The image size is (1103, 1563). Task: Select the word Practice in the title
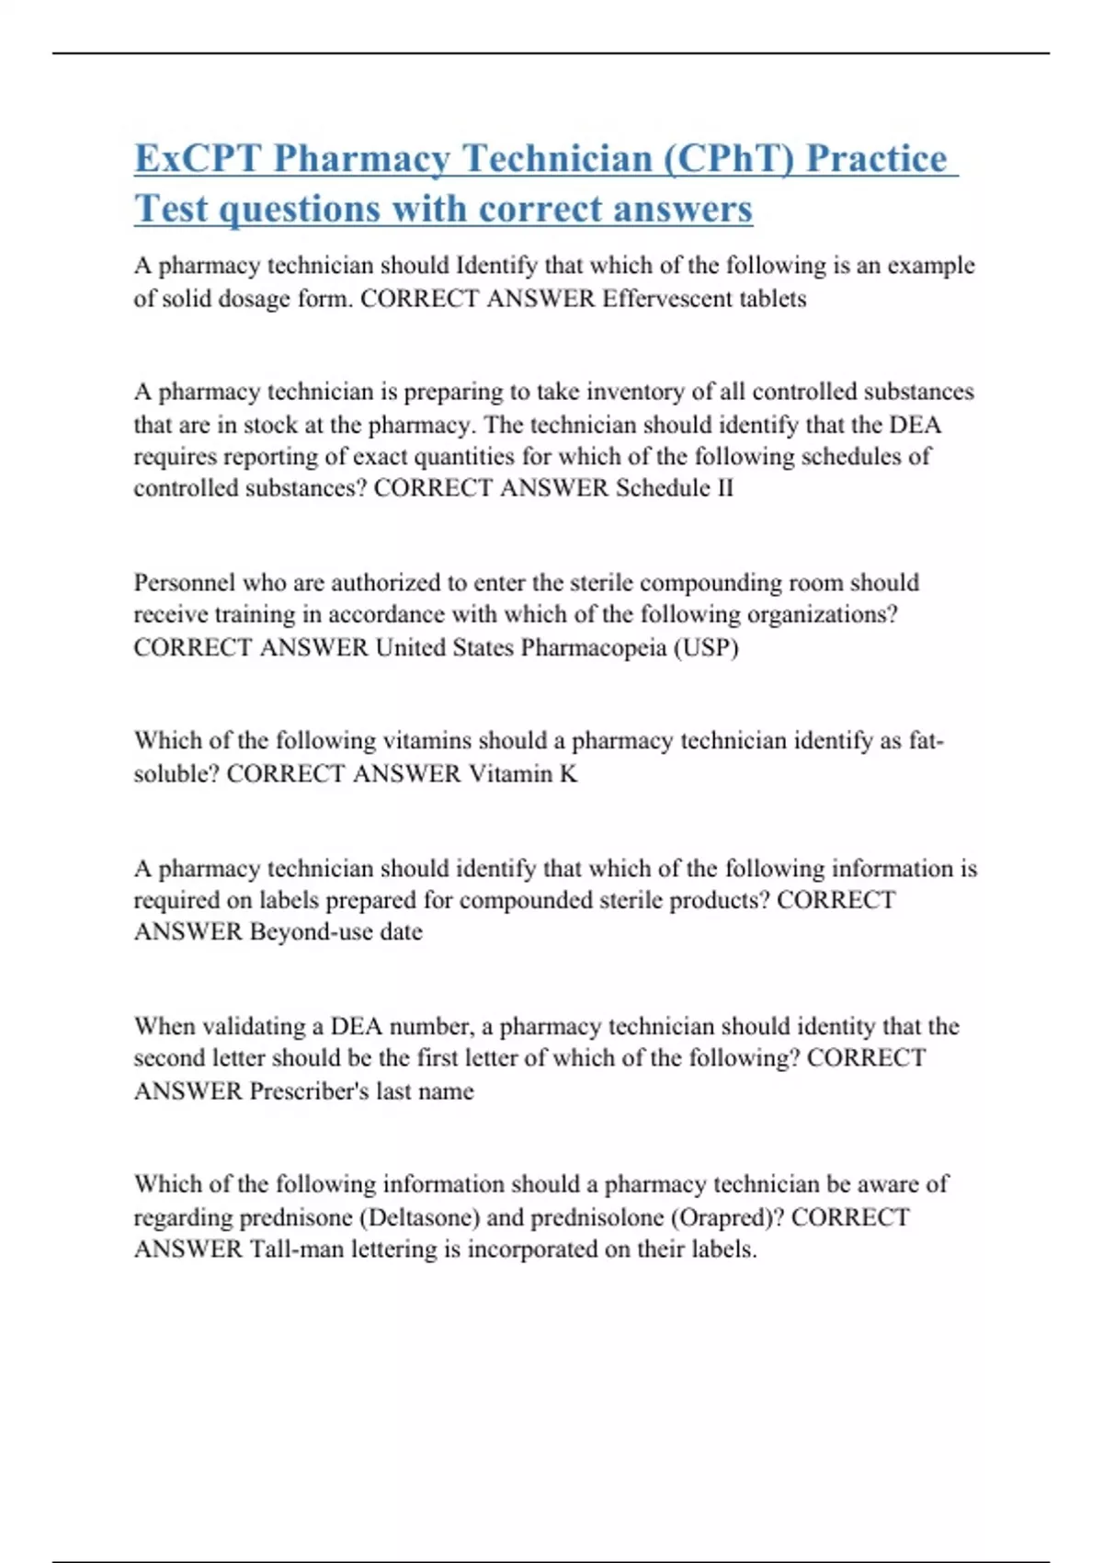pos(877,158)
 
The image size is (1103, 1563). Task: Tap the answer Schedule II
pos(675,488)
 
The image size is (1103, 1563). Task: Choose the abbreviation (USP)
pos(707,647)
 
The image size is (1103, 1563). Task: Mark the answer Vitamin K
pos(523,774)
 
